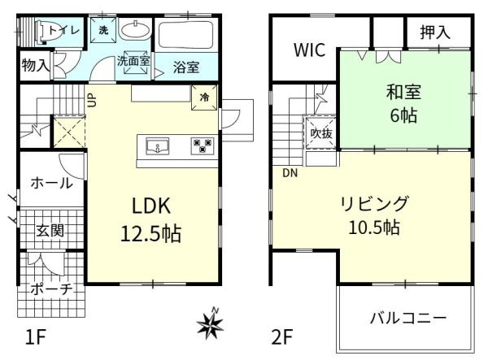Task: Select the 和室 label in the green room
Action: click(x=403, y=91)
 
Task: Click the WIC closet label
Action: click(x=310, y=51)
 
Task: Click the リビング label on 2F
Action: click(x=375, y=203)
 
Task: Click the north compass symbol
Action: click(x=210, y=324)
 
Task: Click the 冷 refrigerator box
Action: click(x=203, y=97)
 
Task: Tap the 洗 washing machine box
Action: click(x=103, y=30)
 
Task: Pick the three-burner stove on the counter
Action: click(x=201, y=145)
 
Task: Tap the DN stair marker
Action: click(x=290, y=172)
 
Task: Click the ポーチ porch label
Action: click(x=50, y=289)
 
